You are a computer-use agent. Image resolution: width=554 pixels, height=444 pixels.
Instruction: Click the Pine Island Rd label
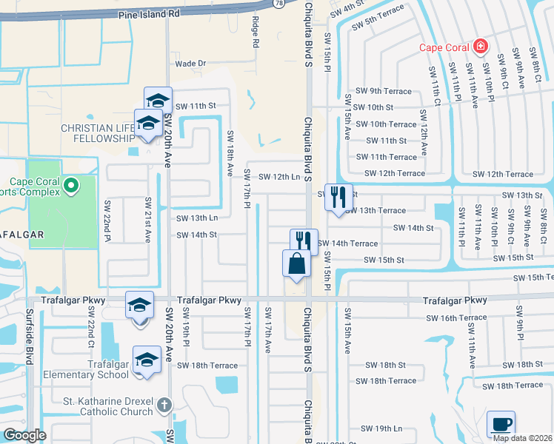tap(153, 13)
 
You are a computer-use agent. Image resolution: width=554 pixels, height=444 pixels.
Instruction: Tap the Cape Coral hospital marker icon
tap(481, 47)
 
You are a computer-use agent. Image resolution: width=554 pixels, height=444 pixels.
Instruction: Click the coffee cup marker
tap(501, 423)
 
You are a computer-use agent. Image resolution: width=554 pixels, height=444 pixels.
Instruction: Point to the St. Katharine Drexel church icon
tap(164, 405)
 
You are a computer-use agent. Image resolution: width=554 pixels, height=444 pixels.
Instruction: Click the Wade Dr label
tap(190, 64)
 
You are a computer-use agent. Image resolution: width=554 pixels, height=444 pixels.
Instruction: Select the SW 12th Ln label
tap(280, 176)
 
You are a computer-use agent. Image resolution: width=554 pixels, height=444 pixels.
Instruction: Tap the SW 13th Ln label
tap(197, 218)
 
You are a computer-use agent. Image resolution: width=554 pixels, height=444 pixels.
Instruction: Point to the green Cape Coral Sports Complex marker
tap(71, 184)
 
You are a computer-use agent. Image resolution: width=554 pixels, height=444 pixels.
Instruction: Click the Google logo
tap(25, 435)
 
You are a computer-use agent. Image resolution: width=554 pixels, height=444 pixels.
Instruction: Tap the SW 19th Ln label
tap(381, 428)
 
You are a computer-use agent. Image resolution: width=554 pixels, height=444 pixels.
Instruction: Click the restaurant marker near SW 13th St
tap(338, 197)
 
